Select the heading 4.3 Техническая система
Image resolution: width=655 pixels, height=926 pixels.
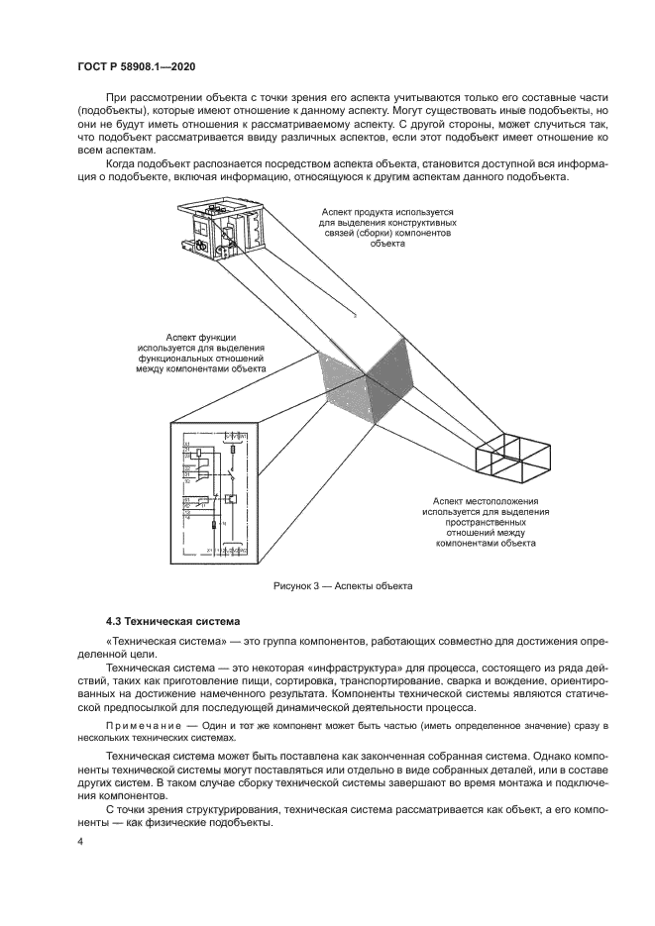click(x=172, y=622)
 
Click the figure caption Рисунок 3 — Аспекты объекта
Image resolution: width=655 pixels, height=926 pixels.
click(x=343, y=586)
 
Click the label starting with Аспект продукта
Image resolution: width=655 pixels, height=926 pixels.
click(x=387, y=212)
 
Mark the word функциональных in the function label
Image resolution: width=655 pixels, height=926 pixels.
click(x=182, y=358)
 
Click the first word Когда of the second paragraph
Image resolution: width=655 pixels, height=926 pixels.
click(x=120, y=162)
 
